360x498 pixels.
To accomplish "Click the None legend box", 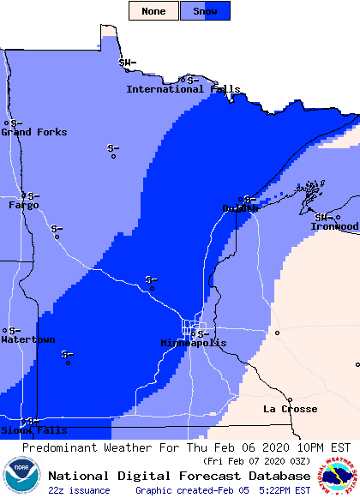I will point(154,11).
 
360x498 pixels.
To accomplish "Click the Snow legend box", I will point(205,11).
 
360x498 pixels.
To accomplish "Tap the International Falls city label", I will point(183,89).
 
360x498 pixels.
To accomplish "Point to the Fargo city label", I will point(23,205).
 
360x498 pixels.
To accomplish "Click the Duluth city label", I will point(240,208).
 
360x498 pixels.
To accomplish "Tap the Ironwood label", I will point(334,226).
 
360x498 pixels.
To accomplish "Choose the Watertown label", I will point(27,339).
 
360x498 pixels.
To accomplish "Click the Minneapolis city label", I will point(194,343).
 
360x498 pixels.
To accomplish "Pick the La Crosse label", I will point(290,409).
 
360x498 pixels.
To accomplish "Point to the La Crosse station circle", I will point(291,400).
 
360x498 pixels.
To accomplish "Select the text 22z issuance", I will point(79,490).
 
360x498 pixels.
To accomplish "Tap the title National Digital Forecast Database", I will point(179,476).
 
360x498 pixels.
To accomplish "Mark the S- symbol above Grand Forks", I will point(16,123).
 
